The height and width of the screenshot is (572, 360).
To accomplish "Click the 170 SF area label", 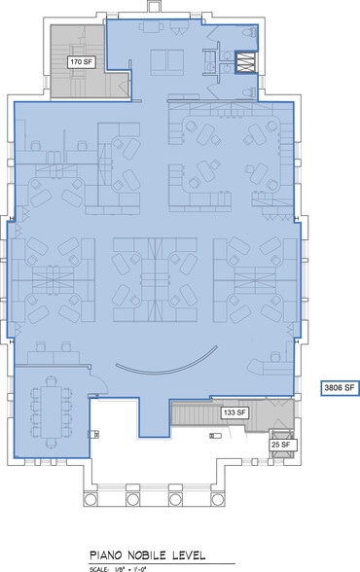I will pos(80,61).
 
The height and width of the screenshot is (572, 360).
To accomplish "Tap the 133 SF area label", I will pos(235,413).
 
